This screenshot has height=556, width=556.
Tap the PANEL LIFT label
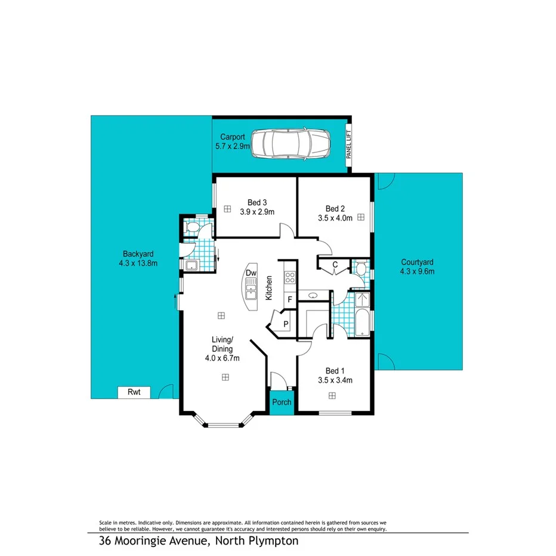click(349, 144)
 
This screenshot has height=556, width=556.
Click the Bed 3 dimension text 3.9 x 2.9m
click(257, 212)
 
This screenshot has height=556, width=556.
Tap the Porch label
click(282, 402)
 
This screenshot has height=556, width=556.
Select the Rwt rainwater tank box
click(134, 392)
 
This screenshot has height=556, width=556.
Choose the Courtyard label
click(417, 262)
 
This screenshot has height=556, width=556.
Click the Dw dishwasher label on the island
click(251, 273)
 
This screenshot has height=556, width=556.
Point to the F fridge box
click(290, 299)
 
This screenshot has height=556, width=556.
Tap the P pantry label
click(286, 325)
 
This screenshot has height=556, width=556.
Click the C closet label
click(335, 264)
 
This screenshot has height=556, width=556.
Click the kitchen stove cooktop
click(290, 277)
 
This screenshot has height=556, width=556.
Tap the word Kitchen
click(270, 288)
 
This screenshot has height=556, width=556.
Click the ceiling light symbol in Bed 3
click(228, 209)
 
